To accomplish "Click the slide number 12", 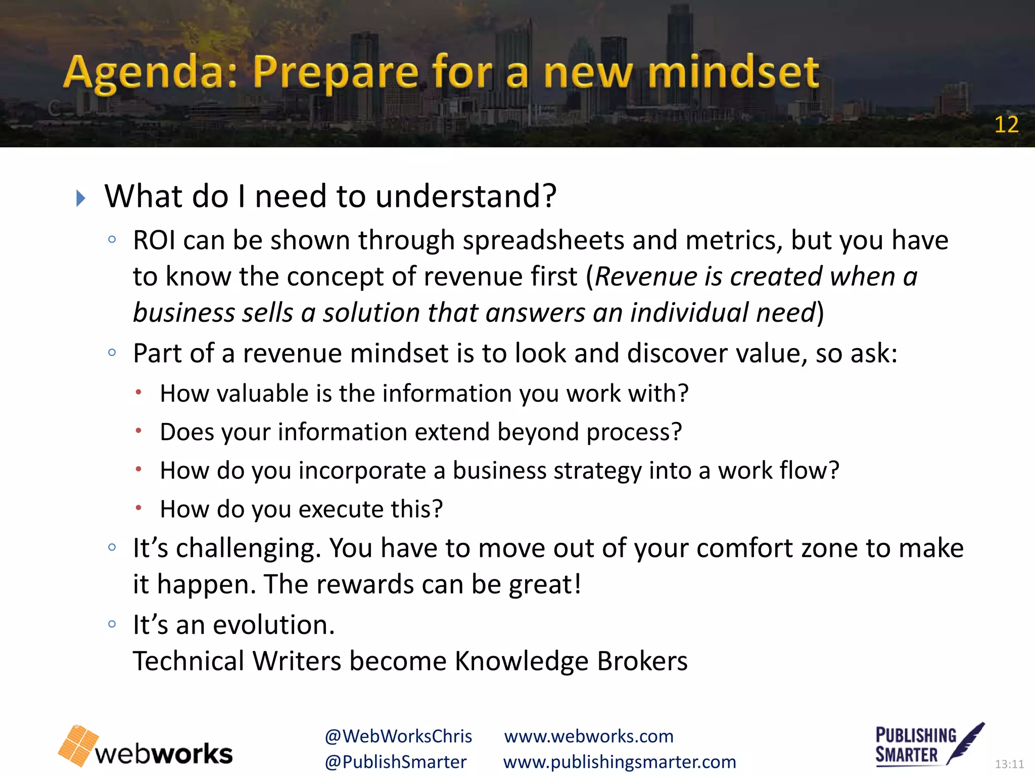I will click(x=1006, y=124).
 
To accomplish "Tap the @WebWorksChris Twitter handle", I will click(x=398, y=736).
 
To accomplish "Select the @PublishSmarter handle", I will click(x=396, y=762).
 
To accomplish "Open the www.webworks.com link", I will click(x=589, y=736).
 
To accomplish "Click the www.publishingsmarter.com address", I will click(x=620, y=762).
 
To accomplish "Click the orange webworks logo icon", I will click(x=78, y=745).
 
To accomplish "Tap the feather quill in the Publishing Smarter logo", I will click(x=966, y=743).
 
